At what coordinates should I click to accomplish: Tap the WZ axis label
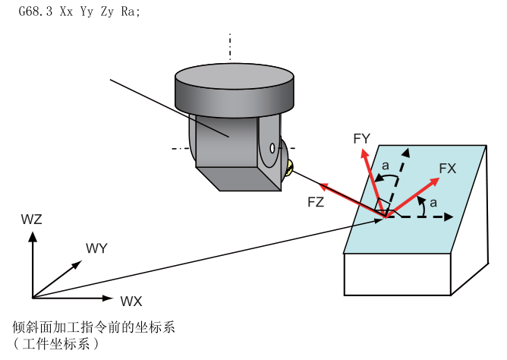[33, 220]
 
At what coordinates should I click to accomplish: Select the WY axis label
[97, 248]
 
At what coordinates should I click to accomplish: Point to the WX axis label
[131, 301]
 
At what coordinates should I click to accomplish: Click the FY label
[361, 138]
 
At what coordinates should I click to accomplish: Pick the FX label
[447, 169]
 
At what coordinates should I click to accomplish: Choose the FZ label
[316, 202]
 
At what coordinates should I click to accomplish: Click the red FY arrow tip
[363, 150]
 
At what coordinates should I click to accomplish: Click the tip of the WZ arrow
[32, 232]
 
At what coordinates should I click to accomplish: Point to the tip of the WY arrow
[80, 262]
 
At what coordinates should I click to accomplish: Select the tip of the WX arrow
[114, 296]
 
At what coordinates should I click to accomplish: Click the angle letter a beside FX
[433, 202]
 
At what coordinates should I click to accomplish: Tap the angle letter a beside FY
[386, 165]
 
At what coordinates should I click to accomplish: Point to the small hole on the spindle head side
[272, 148]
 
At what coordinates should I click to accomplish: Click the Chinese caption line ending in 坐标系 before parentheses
[94, 328]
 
